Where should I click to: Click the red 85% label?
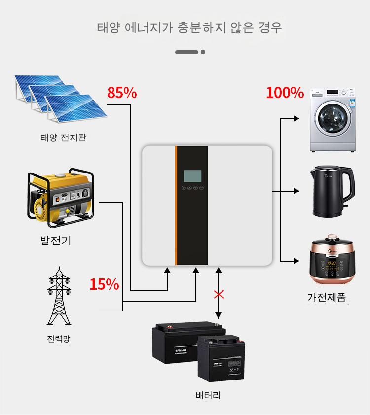pyautogui.click(x=122, y=93)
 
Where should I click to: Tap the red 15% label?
pyautogui.click(x=104, y=284)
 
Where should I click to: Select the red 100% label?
pyautogui.click(x=285, y=93)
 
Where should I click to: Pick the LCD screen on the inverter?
pyautogui.click(x=192, y=176)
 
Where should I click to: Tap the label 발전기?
pyautogui.click(x=55, y=241)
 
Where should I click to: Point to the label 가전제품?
pyautogui.click(x=326, y=297)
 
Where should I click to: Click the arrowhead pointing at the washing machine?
pyautogui.click(x=296, y=118)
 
